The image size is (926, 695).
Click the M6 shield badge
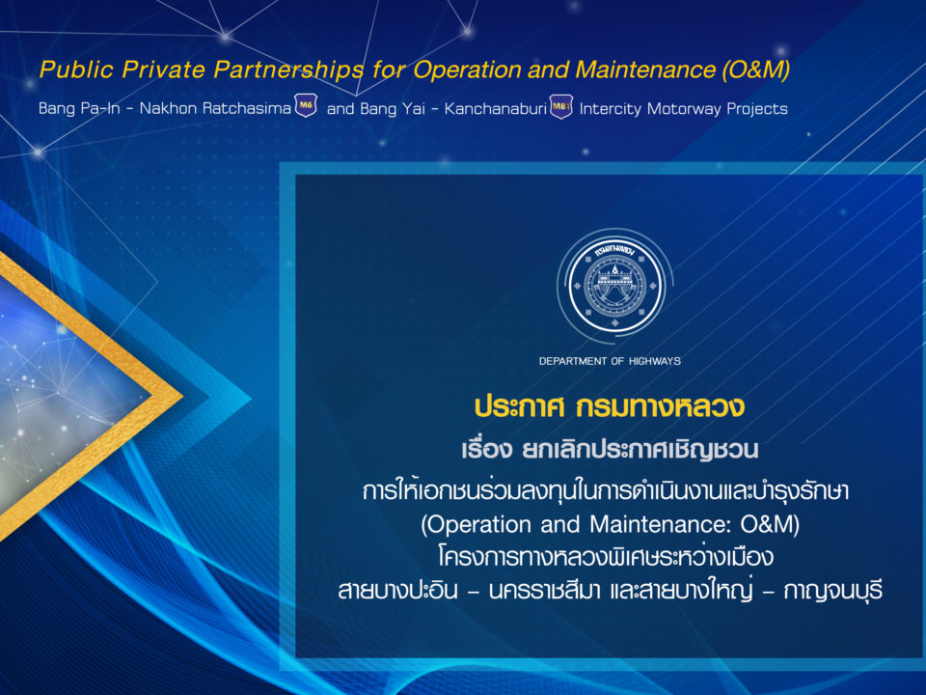(x=306, y=106)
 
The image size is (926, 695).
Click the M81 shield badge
(x=561, y=107)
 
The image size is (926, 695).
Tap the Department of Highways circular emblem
(x=614, y=286)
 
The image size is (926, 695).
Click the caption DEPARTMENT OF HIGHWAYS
(x=610, y=361)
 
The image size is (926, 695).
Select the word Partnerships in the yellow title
(x=288, y=69)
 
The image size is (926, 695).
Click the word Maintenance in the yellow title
(x=645, y=69)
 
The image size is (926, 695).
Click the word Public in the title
(x=76, y=69)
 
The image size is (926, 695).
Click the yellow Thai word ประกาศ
(x=520, y=407)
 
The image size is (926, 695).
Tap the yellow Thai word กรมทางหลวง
(x=660, y=407)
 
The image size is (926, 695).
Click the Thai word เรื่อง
(x=486, y=449)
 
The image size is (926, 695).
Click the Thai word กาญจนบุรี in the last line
(x=833, y=591)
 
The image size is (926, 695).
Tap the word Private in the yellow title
(x=164, y=69)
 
